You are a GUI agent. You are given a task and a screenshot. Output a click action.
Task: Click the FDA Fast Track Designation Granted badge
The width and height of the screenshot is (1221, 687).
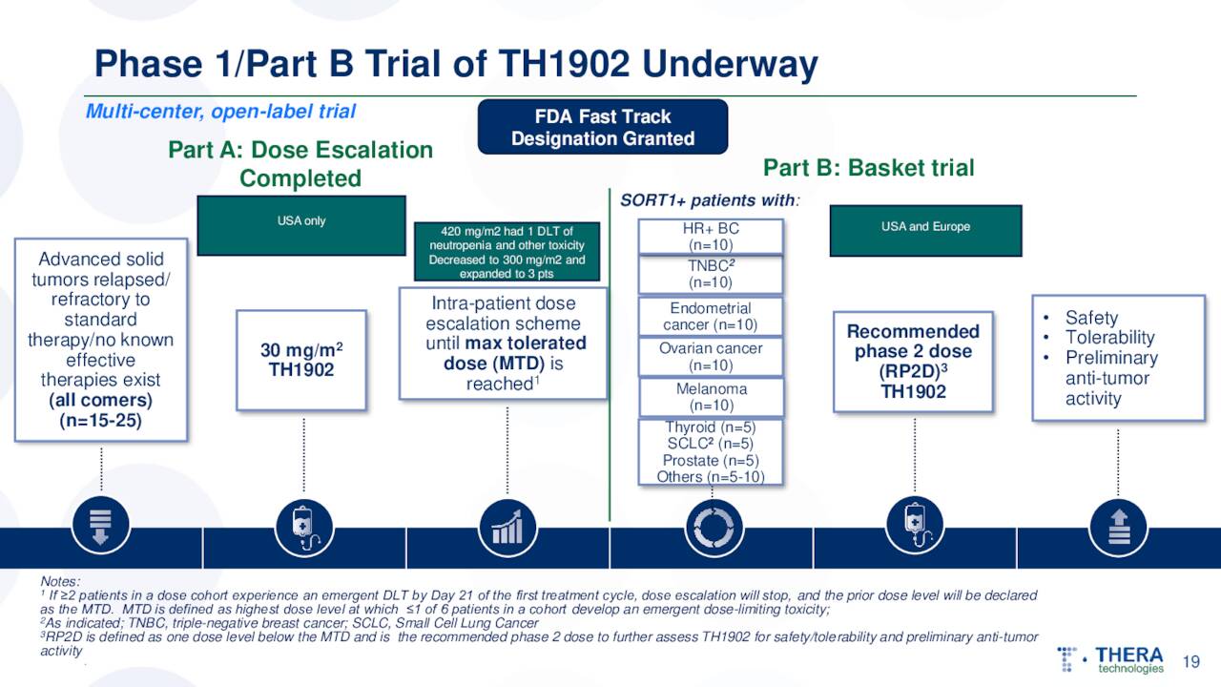pos(603,128)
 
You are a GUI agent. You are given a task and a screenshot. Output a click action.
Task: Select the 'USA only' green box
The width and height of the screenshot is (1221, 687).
pos(301,225)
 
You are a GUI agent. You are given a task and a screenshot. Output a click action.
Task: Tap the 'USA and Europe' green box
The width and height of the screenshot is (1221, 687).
pos(925,230)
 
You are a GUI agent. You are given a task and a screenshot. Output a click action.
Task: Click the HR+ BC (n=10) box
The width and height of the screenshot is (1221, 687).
pos(711,237)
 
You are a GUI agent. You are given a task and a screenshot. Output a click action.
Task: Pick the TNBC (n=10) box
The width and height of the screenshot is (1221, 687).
pos(711,275)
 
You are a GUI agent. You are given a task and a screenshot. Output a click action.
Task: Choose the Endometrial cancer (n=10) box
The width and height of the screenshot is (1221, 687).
pos(711,317)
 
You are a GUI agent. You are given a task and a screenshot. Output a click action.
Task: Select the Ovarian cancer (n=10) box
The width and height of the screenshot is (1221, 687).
pos(711,357)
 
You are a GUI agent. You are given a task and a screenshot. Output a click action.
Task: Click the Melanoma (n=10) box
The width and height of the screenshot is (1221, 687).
pos(711,397)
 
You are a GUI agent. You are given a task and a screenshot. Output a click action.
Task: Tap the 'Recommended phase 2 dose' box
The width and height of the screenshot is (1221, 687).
pos(913,361)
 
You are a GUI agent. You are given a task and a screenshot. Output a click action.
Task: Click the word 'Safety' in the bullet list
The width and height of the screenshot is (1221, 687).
pos(1091,318)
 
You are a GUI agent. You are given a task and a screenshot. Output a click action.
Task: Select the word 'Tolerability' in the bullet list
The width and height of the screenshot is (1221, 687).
pos(1109,338)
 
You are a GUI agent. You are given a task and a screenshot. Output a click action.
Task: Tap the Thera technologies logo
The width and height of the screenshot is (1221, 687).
pos(1112,659)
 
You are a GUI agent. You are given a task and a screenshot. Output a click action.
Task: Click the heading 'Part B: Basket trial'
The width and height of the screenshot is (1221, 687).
pos(868,169)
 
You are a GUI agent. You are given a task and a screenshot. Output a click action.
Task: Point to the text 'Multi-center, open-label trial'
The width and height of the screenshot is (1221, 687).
pos(220,112)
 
